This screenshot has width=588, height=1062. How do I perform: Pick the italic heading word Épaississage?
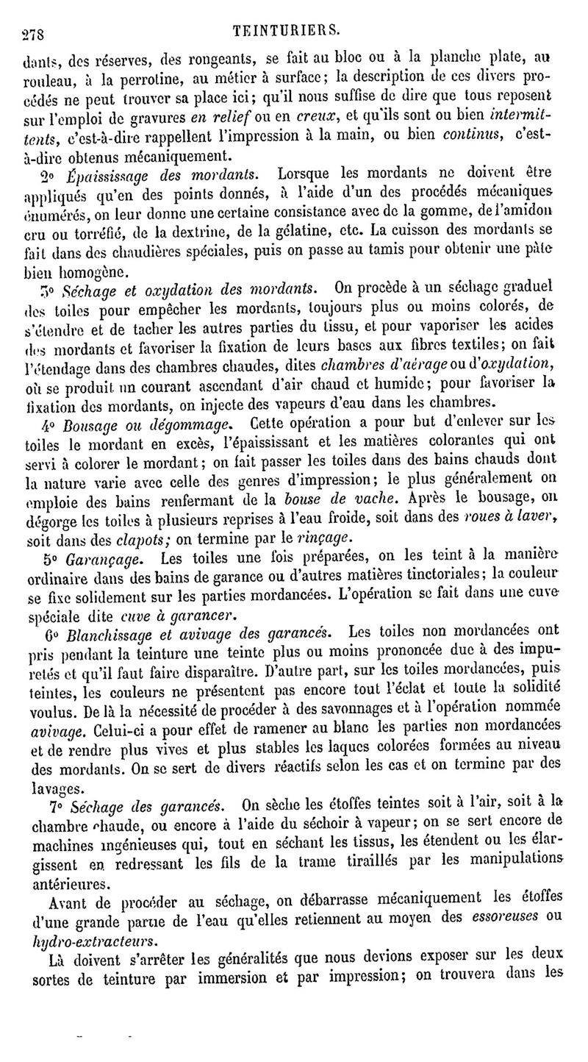[101, 174]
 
